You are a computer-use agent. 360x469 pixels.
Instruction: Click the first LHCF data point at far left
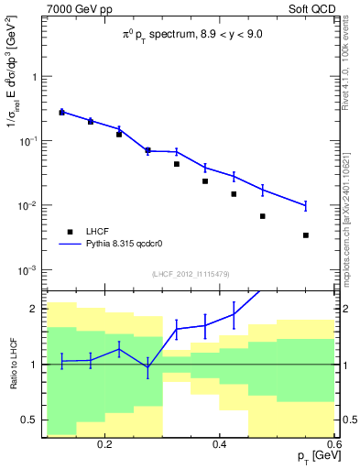[x=61, y=113]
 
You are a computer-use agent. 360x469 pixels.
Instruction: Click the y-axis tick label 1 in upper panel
[x=33, y=77]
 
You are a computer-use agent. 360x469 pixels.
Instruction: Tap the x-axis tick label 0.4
[x=220, y=443]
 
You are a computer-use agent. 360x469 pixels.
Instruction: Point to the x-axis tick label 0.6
[x=333, y=443]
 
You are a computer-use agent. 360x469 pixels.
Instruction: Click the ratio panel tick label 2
[x=33, y=309]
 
